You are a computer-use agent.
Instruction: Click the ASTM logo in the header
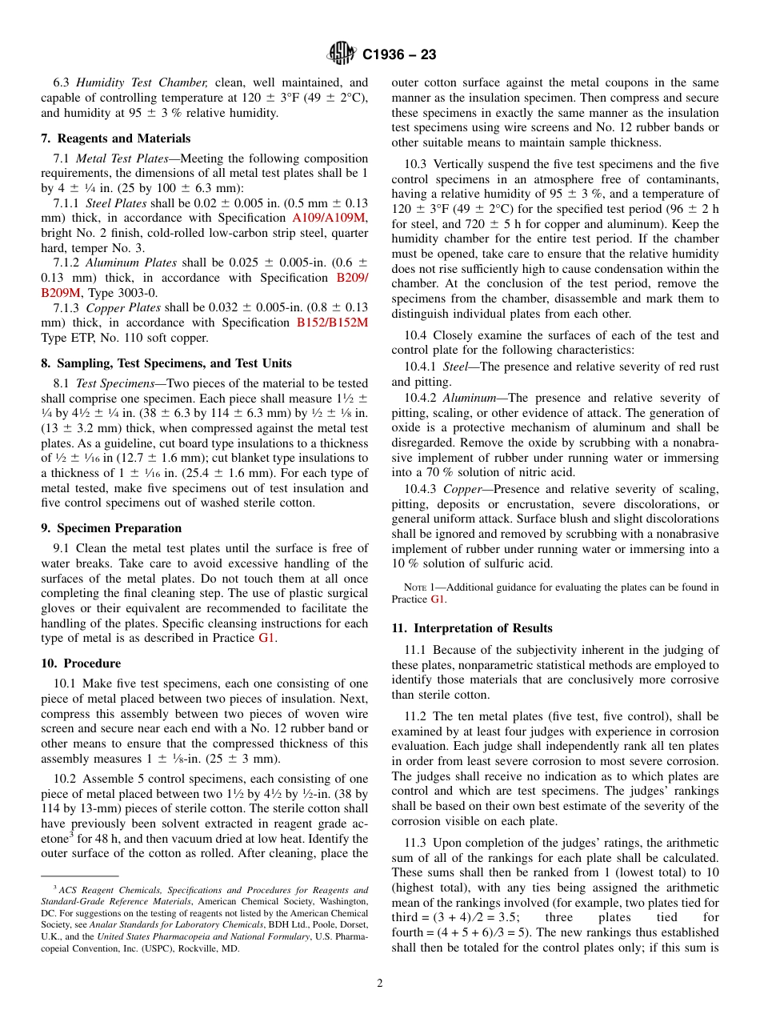tap(342, 54)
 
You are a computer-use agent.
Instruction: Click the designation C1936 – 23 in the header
tap(399, 55)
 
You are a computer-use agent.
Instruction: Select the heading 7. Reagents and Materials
tap(115, 138)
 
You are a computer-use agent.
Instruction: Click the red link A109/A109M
tap(330, 218)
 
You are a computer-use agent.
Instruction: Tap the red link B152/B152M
tap(332, 323)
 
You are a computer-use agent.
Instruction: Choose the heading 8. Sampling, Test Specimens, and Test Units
tap(166, 363)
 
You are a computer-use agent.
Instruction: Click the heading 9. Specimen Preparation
tap(110, 528)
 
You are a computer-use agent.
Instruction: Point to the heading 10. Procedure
tap(81, 663)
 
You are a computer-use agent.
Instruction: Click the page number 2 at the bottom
tap(380, 984)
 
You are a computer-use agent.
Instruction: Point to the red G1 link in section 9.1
tap(266, 639)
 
